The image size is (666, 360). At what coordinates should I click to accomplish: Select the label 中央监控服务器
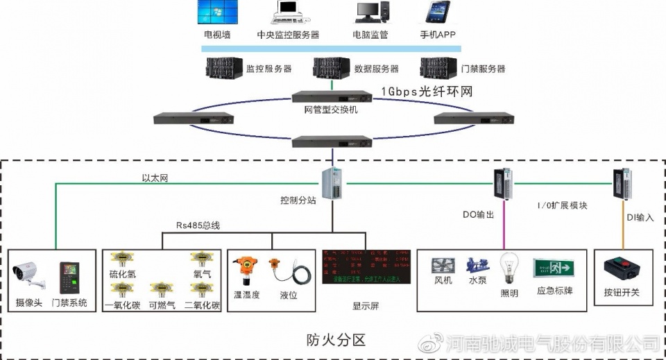point(288,34)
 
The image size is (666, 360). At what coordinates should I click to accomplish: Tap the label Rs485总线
point(198,225)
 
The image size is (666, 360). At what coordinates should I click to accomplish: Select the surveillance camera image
point(29,276)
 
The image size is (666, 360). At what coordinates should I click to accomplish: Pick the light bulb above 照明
point(510,269)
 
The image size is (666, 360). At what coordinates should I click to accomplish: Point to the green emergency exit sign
point(554,268)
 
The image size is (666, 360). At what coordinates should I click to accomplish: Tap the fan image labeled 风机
point(443,267)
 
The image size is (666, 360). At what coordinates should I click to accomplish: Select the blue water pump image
point(478,267)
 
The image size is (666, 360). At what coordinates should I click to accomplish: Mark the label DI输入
point(640,217)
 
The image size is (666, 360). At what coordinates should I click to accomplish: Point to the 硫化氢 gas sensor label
point(123,275)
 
